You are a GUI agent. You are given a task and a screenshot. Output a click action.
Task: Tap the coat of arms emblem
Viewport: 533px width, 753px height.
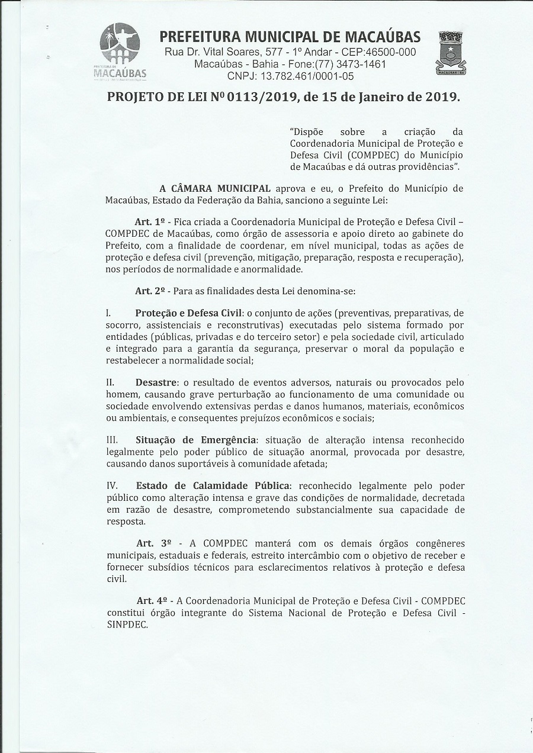pos(451,54)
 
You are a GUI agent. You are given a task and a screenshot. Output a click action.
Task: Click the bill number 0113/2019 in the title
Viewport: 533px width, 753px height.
pos(262,97)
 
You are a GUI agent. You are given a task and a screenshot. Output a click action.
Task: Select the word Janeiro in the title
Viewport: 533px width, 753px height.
pos(384,97)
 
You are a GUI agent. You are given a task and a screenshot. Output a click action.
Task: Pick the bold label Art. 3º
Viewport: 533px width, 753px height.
pos(153,543)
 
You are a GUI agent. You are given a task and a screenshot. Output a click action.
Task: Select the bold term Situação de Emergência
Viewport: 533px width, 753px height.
pos(196,440)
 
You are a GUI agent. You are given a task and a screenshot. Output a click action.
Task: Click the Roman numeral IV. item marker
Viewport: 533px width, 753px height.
pos(113,486)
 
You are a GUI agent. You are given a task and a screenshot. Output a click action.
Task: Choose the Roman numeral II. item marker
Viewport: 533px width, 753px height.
pos(110,382)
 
